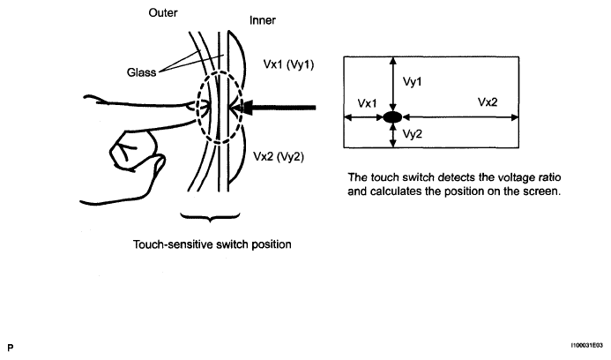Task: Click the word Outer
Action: point(163,13)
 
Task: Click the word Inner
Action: point(263,20)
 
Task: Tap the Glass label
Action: point(141,72)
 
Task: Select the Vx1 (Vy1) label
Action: point(288,64)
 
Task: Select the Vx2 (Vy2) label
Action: point(279,156)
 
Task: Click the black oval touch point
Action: point(392,117)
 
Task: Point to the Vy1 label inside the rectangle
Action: point(413,82)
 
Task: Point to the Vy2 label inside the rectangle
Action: point(413,134)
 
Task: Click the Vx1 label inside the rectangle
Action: point(367,103)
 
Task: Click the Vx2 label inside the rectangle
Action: point(488,102)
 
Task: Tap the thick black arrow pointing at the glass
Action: point(276,108)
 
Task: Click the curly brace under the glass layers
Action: point(210,217)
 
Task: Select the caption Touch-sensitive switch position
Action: point(212,244)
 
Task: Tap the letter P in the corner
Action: point(10,348)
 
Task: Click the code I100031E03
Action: point(587,346)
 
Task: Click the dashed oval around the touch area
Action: point(197,108)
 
